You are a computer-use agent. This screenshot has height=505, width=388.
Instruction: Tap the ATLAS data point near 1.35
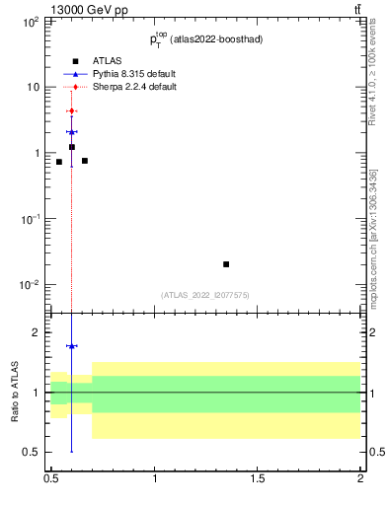(x=226, y=264)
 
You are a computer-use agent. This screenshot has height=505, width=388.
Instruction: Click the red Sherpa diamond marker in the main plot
(x=71, y=110)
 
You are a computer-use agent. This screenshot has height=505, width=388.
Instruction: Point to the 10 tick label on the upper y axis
(x=32, y=87)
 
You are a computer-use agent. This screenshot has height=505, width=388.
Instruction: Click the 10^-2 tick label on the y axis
(x=30, y=285)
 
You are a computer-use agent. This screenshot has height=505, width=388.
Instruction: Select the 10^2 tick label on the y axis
(x=30, y=21)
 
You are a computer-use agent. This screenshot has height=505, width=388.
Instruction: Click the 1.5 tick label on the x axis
(x=258, y=478)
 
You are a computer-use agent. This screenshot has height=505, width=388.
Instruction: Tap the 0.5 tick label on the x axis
(x=51, y=478)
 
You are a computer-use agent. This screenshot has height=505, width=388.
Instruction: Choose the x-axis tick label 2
(x=360, y=478)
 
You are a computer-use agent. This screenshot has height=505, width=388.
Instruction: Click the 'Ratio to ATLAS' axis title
(x=15, y=393)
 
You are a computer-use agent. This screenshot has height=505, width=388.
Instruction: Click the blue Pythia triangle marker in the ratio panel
(x=71, y=346)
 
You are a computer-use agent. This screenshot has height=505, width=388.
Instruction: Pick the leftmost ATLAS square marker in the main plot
(x=59, y=162)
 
